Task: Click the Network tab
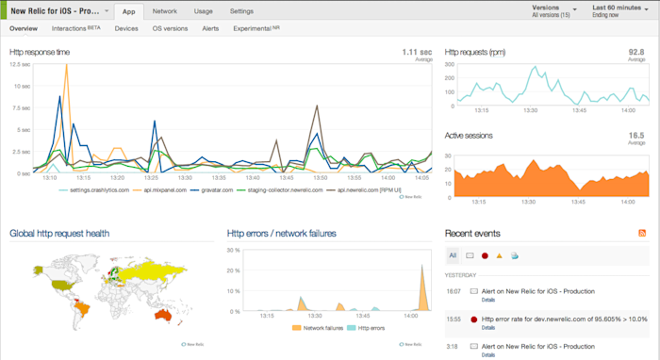tap(165, 11)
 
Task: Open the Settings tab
tap(241, 11)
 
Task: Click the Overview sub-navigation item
tap(24, 29)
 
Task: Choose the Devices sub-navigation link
tap(126, 29)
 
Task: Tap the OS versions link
tap(170, 29)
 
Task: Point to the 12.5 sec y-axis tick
tap(20, 64)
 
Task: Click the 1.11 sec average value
tap(417, 52)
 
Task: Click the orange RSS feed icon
tap(643, 233)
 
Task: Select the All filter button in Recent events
tap(452, 254)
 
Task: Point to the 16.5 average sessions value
tap(636, 135)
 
